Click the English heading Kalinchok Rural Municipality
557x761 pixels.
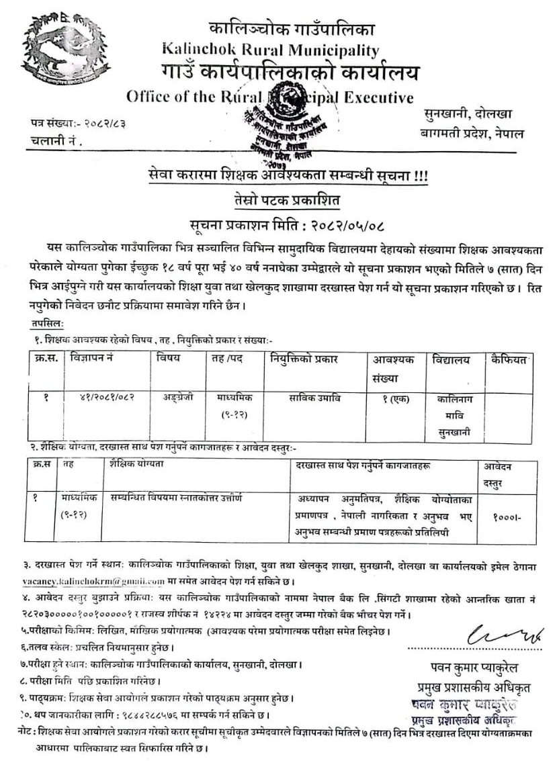270,50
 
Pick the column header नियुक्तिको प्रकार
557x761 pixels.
304,359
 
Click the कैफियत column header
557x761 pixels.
511,359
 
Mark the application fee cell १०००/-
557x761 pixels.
505,519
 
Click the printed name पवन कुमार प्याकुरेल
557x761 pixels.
464,668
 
